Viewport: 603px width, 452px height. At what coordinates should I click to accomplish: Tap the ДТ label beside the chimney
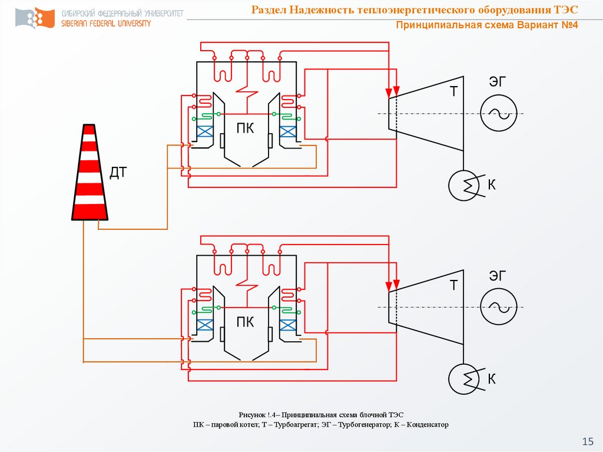point(118,173)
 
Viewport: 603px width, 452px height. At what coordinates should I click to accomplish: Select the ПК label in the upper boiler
point(246,128)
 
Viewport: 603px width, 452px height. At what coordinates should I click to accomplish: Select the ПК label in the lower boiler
point(246,322)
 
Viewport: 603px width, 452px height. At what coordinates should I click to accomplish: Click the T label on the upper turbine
point(454,91)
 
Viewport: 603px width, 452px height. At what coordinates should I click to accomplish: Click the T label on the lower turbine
point(454,286)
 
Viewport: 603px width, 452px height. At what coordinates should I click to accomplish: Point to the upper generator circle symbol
point(498,113)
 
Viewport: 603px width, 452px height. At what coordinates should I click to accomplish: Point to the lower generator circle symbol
point(498,307)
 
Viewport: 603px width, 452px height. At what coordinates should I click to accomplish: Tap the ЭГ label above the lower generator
point(498,275)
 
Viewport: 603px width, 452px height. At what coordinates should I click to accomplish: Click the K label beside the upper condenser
point(492,186)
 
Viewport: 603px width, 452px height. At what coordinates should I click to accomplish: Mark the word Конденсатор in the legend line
point(424,424)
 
